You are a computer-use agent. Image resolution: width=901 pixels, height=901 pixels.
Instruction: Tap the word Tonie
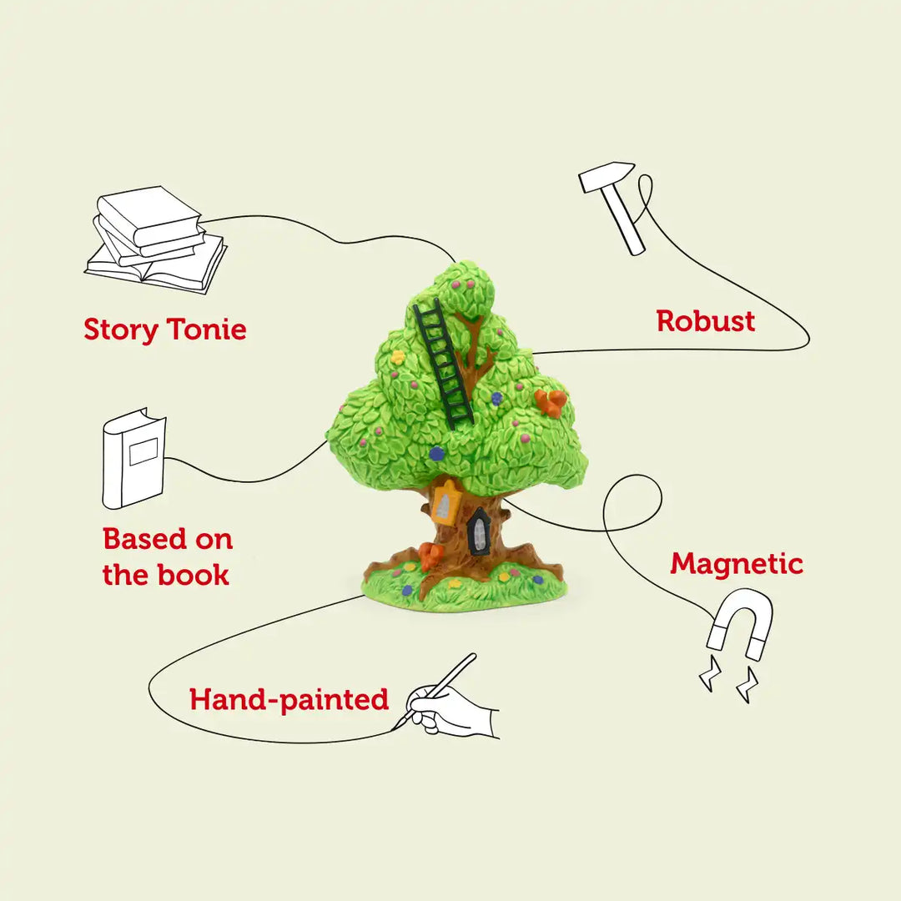click(206, 330)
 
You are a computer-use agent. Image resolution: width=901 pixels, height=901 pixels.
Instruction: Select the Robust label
click(705, 321)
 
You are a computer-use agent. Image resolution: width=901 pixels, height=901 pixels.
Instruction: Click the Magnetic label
click(737, 564)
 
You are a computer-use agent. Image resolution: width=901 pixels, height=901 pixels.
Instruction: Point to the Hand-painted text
click(289, 699)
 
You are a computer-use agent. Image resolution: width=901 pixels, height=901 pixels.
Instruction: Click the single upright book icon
click(133, 458)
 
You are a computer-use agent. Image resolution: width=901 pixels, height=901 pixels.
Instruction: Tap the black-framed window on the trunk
click(480, 531)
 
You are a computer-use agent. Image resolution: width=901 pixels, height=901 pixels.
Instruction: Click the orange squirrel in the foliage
click(551, 403)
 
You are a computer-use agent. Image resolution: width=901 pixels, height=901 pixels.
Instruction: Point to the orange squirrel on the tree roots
click(430, 555)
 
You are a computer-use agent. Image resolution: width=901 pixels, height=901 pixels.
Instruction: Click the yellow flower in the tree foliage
click(398, 357)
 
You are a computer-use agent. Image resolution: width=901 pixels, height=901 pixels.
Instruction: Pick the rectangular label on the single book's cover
click(143, 451)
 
